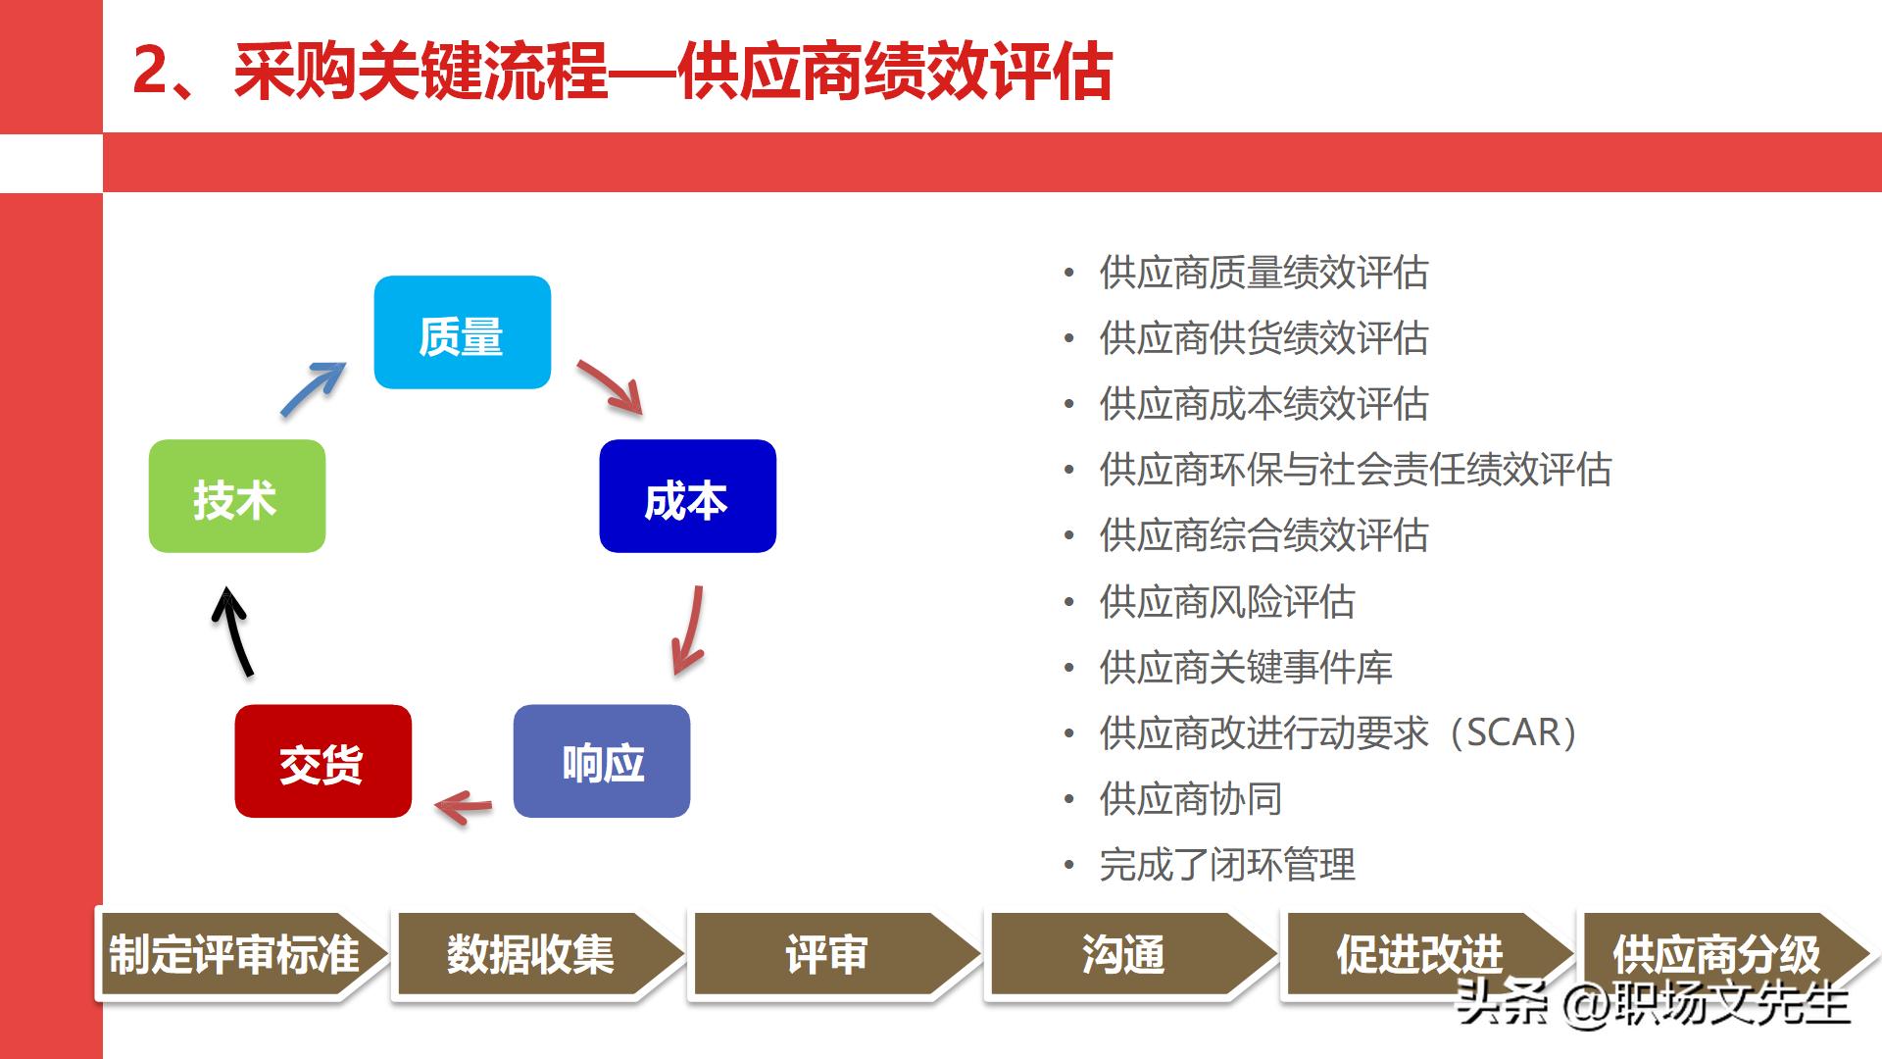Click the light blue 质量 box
[x=462, y=332]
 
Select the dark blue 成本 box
[x=687, y=496]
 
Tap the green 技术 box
[x=236, y=496]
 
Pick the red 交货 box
[x=322, y=761]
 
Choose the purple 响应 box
[x=601, y=761]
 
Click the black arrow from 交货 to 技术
[x=233, y=634]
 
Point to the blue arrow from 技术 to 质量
[x=312, y=388]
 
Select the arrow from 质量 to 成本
[x=610, y=386]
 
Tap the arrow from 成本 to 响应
[x=688, y=630]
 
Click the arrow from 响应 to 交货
[x=464, y=807]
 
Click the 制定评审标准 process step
[x=235, y=954]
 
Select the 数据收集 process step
[x=531, y=954]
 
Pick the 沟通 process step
[x=1123, y=954]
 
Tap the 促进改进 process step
[x=1419, y=954]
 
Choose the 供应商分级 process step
[x=1715, y=954]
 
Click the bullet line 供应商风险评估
[x=1227, y=602]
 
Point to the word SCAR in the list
[x=1513, y=733]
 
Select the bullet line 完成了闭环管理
[x=1227, y=865]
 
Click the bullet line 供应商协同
[x=1190, y=799]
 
